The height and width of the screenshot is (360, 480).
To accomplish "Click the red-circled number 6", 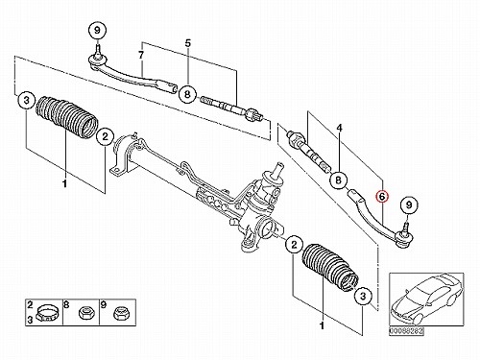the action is [382, 197].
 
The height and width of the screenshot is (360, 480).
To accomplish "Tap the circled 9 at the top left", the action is [97, 31].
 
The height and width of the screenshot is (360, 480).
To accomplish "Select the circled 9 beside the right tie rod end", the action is [409, 204].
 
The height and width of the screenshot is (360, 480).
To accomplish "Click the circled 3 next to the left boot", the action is [26, 100].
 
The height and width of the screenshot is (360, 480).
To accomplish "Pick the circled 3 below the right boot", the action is [363, 296].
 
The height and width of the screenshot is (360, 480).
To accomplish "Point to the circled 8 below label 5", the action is [187, 94].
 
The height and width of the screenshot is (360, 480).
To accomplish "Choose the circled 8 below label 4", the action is [339, 180].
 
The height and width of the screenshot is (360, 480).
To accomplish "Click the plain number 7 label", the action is [141, 56].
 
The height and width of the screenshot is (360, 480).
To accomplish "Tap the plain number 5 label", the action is [188, 43].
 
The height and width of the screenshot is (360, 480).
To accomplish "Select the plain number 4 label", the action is [340, 129].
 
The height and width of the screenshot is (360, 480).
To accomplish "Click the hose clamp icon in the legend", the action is [47, 313].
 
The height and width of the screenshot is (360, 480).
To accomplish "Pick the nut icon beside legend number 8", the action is [84, 312].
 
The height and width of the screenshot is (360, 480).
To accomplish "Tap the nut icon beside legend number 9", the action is [120, 312].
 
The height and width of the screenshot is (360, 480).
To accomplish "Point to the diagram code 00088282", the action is [406, 331].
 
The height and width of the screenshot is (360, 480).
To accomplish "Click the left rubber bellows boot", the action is [67, 117].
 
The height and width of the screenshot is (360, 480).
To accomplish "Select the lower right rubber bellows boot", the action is [329, 268].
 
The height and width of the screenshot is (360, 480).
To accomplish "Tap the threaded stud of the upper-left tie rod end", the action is [98, 51].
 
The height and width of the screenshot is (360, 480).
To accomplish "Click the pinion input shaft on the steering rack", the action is [277, 170].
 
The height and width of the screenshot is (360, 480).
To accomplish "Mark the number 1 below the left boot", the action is [65, 184].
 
